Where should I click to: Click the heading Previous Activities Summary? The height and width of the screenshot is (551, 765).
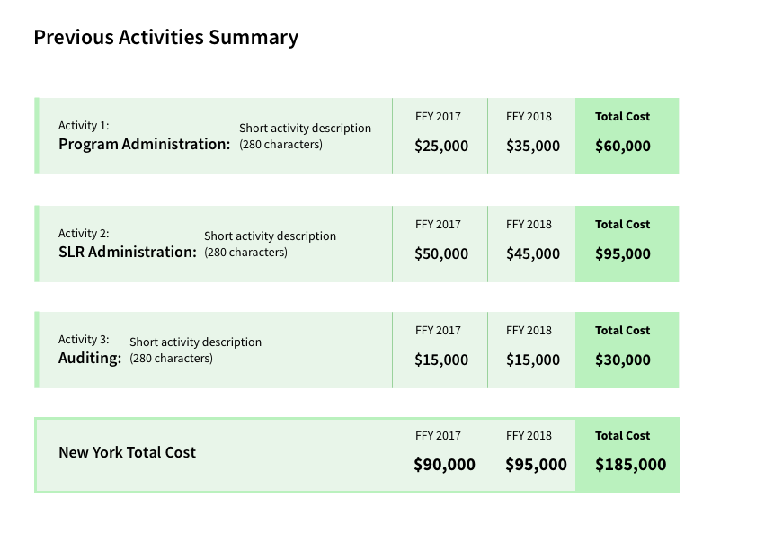165,38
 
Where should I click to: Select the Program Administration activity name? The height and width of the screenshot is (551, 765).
144,144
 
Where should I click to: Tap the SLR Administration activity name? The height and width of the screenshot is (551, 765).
127,252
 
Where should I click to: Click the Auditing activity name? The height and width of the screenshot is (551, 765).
89,358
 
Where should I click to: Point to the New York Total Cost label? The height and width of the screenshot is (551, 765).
127,452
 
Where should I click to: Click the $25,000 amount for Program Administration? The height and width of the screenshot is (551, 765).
440,146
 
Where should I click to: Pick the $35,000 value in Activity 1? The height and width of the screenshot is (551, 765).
532,146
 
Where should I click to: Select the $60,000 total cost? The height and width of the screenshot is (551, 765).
622,146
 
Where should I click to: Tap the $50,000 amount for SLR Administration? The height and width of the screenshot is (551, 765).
440,253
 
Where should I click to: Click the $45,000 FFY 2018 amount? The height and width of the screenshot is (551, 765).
532,253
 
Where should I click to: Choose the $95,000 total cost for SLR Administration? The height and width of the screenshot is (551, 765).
622,253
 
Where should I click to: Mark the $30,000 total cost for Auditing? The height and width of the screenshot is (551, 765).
622,360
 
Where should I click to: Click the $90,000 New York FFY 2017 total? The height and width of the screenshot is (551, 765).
444,465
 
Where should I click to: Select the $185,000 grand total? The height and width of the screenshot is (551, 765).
630,465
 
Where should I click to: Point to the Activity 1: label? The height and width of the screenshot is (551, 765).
84,126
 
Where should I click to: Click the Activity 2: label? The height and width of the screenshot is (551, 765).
84,234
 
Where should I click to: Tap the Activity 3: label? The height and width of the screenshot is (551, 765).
84,340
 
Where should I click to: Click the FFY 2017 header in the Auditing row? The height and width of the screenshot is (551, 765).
438,331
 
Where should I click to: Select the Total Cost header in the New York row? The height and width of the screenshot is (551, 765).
622,436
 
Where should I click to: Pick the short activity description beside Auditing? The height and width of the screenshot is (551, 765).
195,350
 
